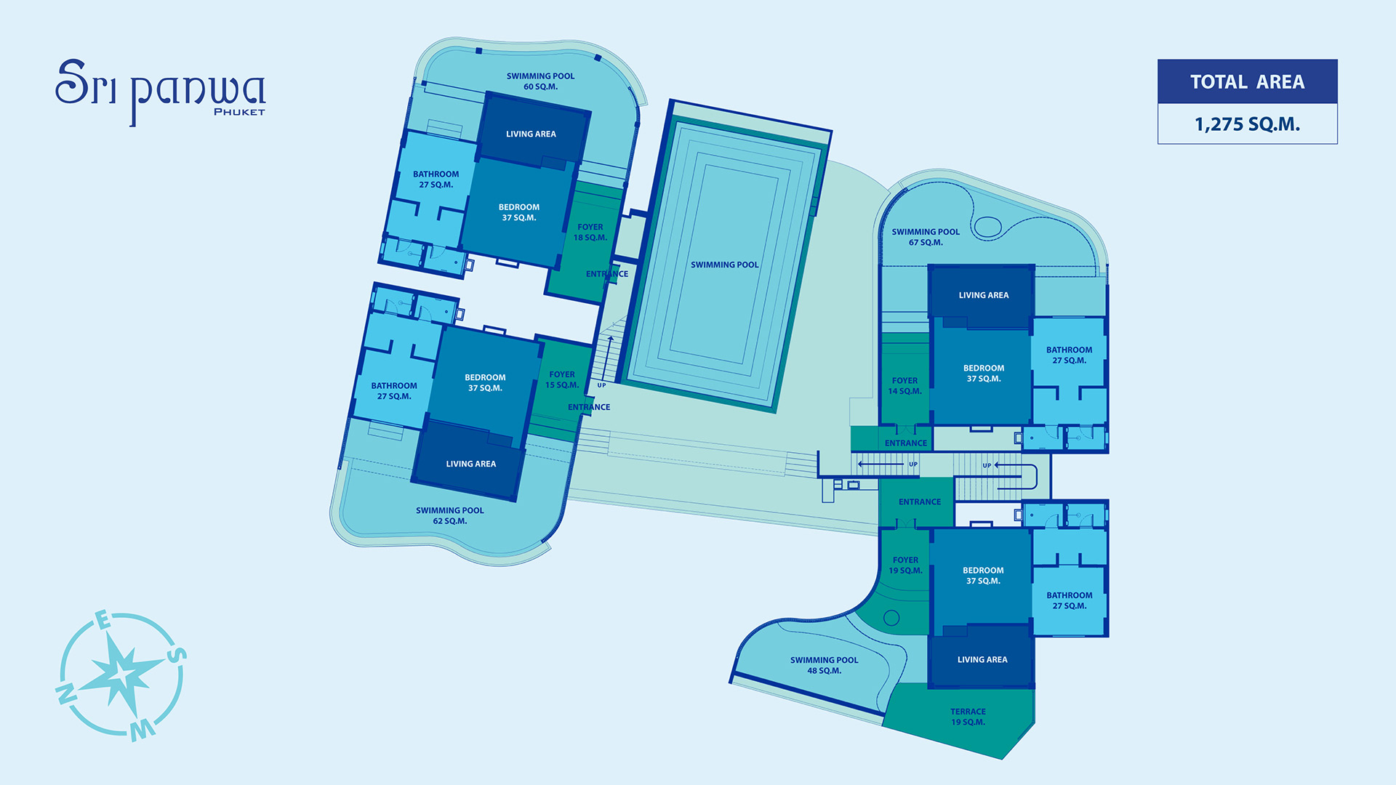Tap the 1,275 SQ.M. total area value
tap(1247, 124)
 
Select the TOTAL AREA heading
tap(1247, 82)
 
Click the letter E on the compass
tap(103, 620)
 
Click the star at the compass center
tap(121, 673)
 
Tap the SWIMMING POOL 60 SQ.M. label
tap(540, 81)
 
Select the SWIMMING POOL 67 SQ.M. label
tap(926, 237)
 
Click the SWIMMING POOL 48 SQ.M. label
tap(824, 665)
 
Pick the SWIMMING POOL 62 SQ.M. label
tap(449, 515)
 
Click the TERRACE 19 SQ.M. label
tap(968, 717)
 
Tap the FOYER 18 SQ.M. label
tap(590, 233)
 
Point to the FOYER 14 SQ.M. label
tap(904, 386)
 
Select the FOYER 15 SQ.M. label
tap(562, 379)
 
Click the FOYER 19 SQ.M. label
tap(905, 565)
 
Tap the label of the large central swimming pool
tap(724, 265)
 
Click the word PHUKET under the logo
tap(239, 112)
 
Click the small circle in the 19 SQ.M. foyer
tap(891, 619)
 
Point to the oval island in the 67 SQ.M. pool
tap(987, 228)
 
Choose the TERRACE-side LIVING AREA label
tap(982, 660)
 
